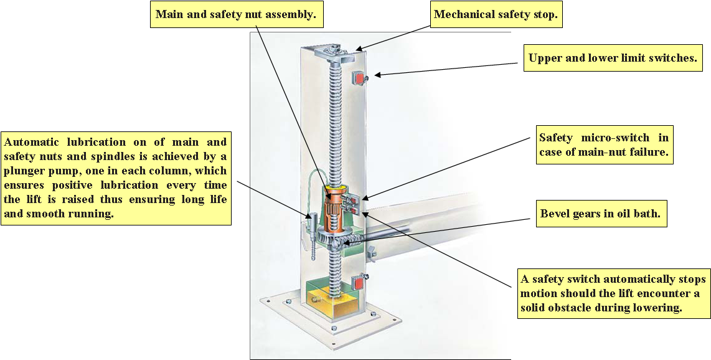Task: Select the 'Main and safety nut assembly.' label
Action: tap(236, 14)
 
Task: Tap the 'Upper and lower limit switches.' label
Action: tap(611, 59)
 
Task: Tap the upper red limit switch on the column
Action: tap(359, 78)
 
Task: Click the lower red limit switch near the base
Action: tap(359, 282)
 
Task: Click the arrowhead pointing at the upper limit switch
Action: tap(377, 75)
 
